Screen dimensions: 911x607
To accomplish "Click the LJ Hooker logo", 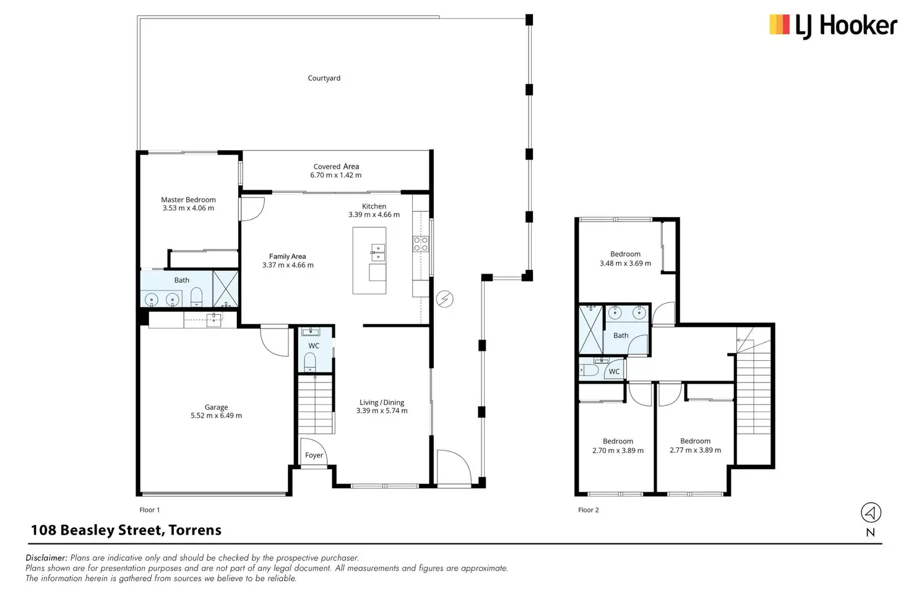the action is [833, 26].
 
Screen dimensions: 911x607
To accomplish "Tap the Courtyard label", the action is [324, 78].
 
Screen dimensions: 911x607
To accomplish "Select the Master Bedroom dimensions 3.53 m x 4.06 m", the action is [188, 208].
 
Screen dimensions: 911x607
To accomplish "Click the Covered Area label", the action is [336, 166].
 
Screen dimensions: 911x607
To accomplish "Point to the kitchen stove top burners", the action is [421, 244].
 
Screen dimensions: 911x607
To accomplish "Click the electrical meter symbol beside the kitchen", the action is [444, 299].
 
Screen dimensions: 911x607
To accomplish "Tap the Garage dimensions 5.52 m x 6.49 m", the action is [216, 416].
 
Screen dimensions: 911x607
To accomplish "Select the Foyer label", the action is [314, 455].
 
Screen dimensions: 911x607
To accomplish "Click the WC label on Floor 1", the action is [314, 346].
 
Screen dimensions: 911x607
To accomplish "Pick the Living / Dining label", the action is [381, 402].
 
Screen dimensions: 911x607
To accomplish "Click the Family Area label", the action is [287, 257].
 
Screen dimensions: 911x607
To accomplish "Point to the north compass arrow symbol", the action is [871, 513].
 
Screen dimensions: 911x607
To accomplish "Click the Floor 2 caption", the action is [588, 510].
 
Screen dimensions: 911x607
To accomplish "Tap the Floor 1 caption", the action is [149, 510].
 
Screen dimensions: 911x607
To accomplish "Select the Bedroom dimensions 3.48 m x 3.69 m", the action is [625, 263].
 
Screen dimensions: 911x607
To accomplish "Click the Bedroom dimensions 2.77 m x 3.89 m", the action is [695, 450].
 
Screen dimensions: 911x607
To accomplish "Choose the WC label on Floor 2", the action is [614, 372].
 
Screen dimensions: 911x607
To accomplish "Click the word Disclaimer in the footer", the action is [46, 557].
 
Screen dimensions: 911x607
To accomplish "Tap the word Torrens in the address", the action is [195, 530].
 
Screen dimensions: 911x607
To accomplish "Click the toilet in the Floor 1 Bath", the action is [196, 297].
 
